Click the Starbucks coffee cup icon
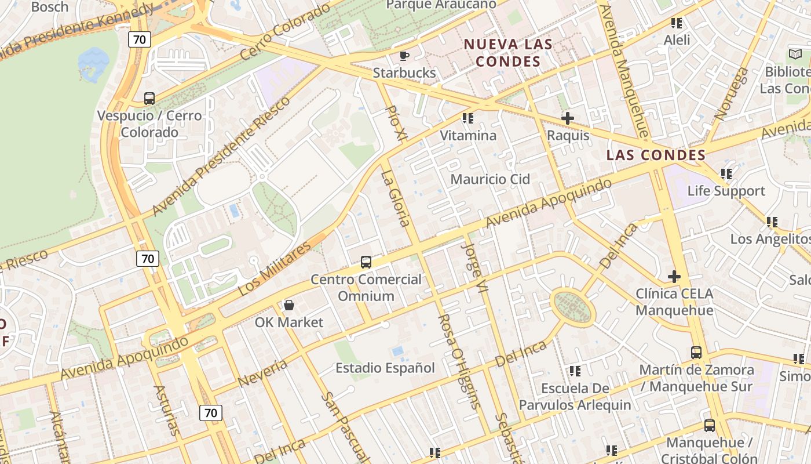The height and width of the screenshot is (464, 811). click(x=404, y=56)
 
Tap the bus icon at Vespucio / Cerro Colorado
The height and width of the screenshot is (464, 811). click(x=149, y=99)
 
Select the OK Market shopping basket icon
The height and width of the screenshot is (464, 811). click(x=288, y=305)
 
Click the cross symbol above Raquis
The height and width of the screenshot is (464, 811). click(x=568, y=119)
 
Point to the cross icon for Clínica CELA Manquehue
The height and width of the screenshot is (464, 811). click(x=674, y=277)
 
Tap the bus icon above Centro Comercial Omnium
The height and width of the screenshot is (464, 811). click(x=366, y=262)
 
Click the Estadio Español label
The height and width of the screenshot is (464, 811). click(x=385, y=368)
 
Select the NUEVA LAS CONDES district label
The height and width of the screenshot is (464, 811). click(x=509, y=53)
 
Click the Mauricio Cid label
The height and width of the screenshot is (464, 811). click(x=490, y=179)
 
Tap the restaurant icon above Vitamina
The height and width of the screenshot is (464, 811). click(x=468, y=119)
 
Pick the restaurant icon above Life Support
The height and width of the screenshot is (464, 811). click(x=726, y=174)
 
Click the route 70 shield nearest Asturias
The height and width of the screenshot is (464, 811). click(x=210, y=413)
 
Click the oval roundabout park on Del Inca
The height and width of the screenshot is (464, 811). click(x=572, y=307)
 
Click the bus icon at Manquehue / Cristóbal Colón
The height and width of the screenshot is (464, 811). click(x=709, y=426)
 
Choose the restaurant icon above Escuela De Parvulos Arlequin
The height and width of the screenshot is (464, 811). click(x=575, y=371)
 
